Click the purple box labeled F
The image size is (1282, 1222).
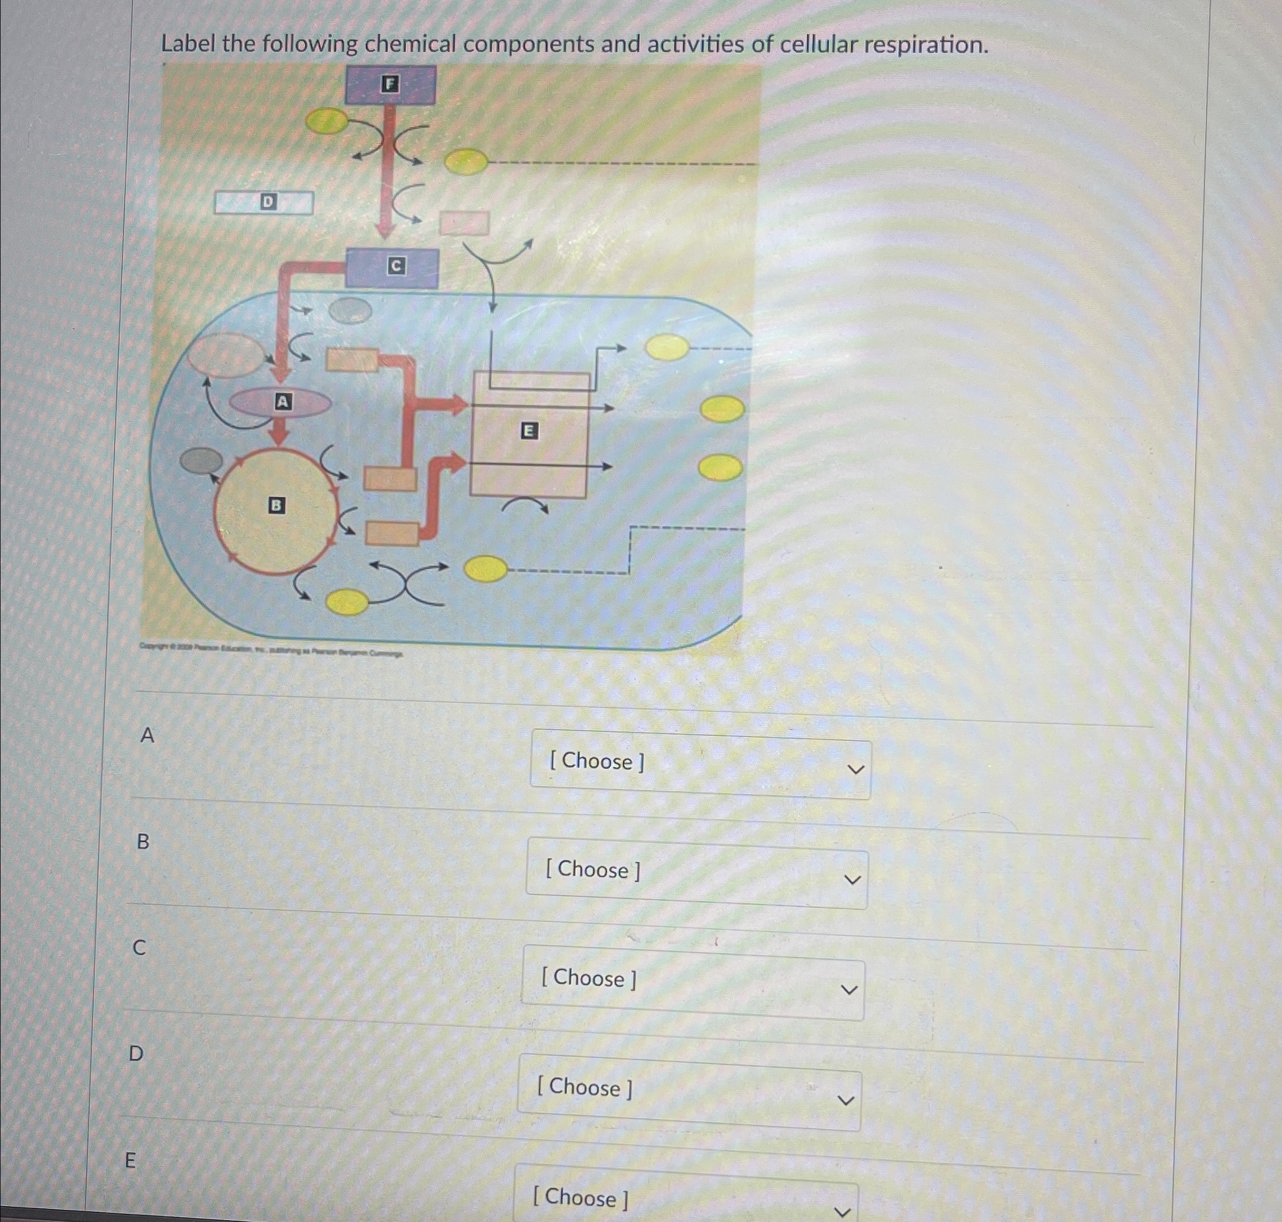pyautogui.click(x=390, y=85)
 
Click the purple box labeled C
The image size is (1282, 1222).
pyautogui.click(x=392, y=268)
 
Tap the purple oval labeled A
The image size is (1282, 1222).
pyautogui.click(x=281, y=402)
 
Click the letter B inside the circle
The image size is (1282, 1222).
pyautogui.click(x=277, y=505)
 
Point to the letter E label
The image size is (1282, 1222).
pyautogui.click(x=529, y=431)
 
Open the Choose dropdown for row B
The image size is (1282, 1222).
pyautogui.click(x=696, y=873)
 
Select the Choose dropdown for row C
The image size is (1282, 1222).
pyautogui.click(x=692, y=983)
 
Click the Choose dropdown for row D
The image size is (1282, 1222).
pyautogui.click(x=689, y=1092)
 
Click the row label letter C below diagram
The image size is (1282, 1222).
pyautogui.click(x=139, y=948)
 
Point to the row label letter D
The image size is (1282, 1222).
pyautogui.click(x=135, y=1053)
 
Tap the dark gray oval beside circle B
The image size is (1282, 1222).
pyautogui.click(x=201, y=461)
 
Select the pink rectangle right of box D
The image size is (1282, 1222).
pyautogui.click(x=464, y=224)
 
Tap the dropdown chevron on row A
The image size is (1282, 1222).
pyautogui.click(x=854, y=770)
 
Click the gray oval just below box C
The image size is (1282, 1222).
pyautogui.click(x=350, y=311)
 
